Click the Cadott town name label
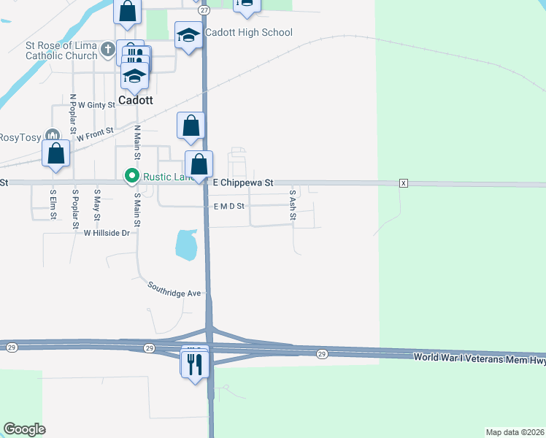coord(136,101)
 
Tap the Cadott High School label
coord(248,32)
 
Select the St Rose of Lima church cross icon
coord(107,50)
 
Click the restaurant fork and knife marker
coord(195,364)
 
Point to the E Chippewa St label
coord(243,183)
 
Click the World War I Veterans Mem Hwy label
coord(479,357)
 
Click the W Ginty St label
coord(97,105)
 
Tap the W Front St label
coord(95,134)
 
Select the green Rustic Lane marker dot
coord(131,175)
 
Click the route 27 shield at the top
coord(204,10)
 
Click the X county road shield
coord(403,182)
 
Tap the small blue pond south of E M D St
coord(186,245)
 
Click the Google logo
coord(24,429)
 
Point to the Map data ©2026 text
coord(515,432)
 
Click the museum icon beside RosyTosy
coord(51,136)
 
